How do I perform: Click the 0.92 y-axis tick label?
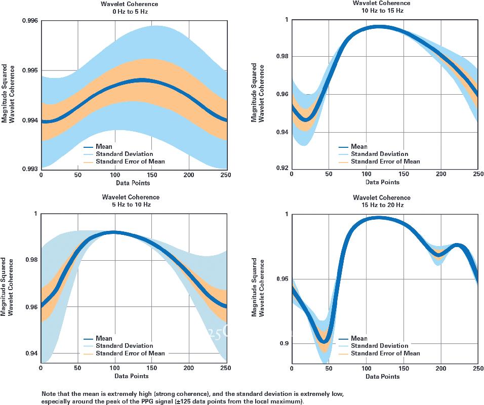click(281, 168)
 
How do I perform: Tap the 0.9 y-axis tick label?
click(284, 344)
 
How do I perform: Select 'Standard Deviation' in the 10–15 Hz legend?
click(379, 154)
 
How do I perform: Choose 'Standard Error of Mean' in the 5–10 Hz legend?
click(130, 353)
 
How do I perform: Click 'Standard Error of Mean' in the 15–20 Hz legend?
click(385, 353)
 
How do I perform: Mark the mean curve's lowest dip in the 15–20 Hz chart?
click(325, 340)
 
